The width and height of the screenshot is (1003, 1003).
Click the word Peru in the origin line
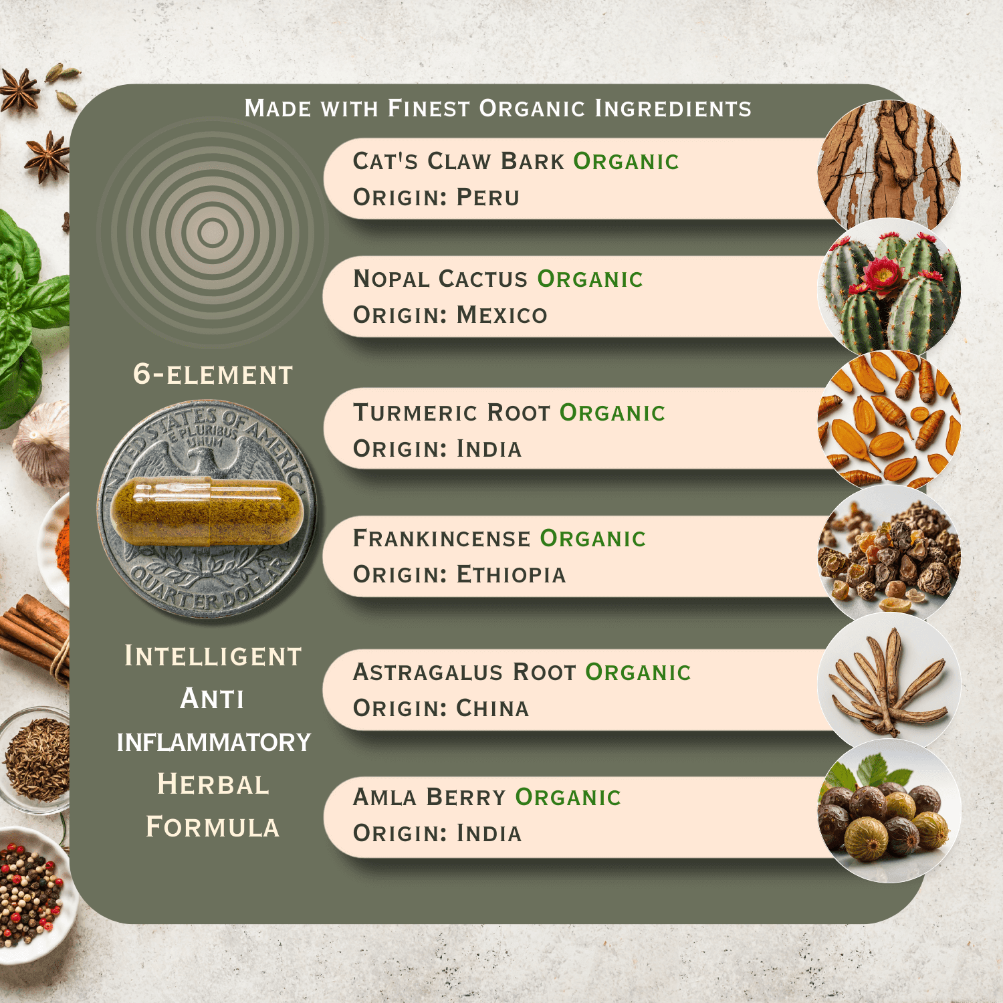(x=488, y=197)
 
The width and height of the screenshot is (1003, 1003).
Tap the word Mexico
(x=502, y=315)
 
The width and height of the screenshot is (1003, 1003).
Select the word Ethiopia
(x=512, y=574)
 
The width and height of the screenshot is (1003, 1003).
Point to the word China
(x=493, y=708)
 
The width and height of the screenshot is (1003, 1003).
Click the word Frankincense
(x=441, y=538)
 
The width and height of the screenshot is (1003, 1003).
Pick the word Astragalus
(x=428, y=672)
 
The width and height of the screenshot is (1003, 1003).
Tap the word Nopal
(x=391, y=279)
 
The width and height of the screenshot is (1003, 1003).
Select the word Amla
(x=384, y=797)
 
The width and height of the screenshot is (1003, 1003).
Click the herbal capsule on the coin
(x=207, y=512)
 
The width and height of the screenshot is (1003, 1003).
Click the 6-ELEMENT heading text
(x=213, y=374)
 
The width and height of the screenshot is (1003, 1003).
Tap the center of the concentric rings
(x=213, y=232)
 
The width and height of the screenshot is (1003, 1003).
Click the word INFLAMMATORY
(x=214, y=742)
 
